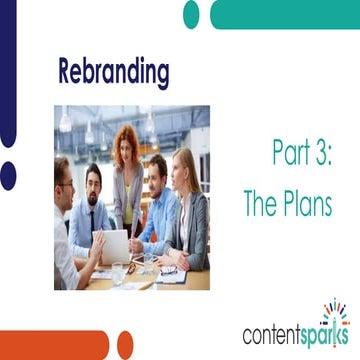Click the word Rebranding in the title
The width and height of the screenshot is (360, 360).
point(113,73)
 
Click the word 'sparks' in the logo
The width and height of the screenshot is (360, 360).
point(326,333)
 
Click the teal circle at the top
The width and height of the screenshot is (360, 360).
point(191,14)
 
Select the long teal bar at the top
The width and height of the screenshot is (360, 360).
point(284,15)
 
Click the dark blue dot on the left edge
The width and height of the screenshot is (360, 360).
point(7,176)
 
